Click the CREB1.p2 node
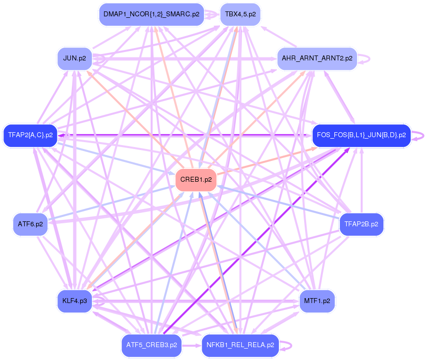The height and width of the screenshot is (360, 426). coord(196,180)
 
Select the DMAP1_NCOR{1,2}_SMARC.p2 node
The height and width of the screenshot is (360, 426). coord(151,15)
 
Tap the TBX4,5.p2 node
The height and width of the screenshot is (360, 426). coord(240,15)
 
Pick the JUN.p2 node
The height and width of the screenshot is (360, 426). coord(75,58)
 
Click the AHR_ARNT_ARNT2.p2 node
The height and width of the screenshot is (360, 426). coord(317,58)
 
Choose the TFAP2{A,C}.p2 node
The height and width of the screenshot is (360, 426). coord(30,135)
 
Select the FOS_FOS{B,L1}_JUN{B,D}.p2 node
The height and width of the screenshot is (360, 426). coord(362,135)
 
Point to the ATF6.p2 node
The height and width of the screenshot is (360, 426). coord(30,224)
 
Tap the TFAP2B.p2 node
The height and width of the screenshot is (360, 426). coord(362,224)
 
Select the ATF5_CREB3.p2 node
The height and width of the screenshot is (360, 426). coord(151,345)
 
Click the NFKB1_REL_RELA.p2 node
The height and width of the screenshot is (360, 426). coord(240,345)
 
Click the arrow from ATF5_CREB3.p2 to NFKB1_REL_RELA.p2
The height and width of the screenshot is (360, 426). coord(191,345)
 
